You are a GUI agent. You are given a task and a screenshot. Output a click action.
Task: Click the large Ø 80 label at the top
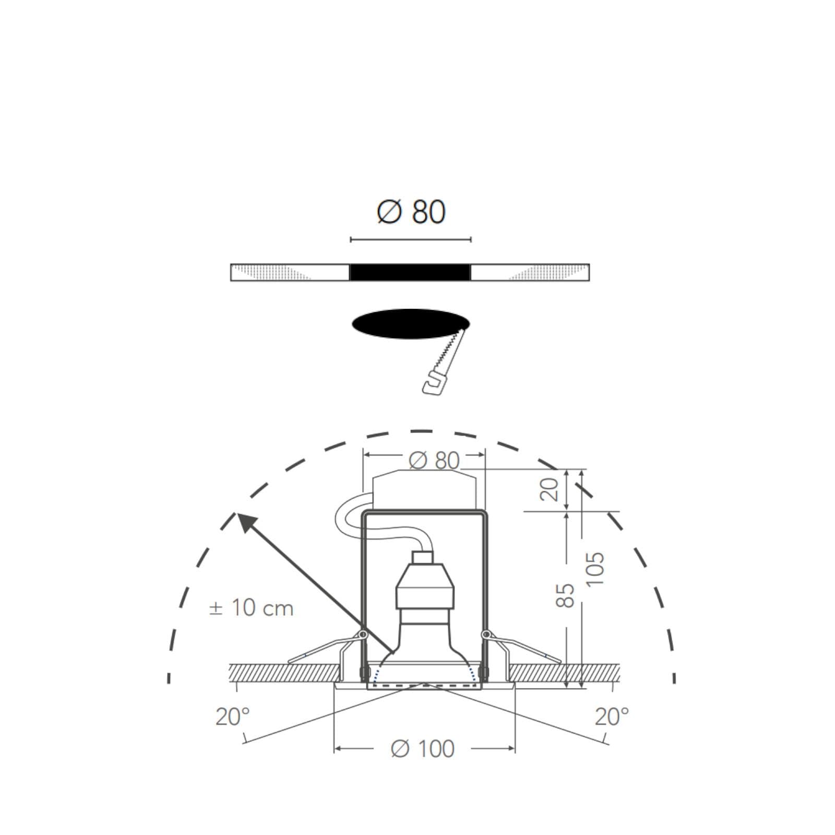(411, 211)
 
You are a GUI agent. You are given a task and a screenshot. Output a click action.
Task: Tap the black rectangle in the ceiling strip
(410, 272)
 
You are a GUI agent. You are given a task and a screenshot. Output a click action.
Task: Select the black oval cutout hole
(410, 324)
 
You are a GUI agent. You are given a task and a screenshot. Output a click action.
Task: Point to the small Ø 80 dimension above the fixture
(434, 460)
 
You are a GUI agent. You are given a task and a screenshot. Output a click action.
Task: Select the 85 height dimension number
(565, 595)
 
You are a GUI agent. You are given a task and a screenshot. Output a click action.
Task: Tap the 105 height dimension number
(594, 568)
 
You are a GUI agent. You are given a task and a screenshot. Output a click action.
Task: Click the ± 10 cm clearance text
(251, 608)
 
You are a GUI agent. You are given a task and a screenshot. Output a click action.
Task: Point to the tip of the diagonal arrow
(237, 514)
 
